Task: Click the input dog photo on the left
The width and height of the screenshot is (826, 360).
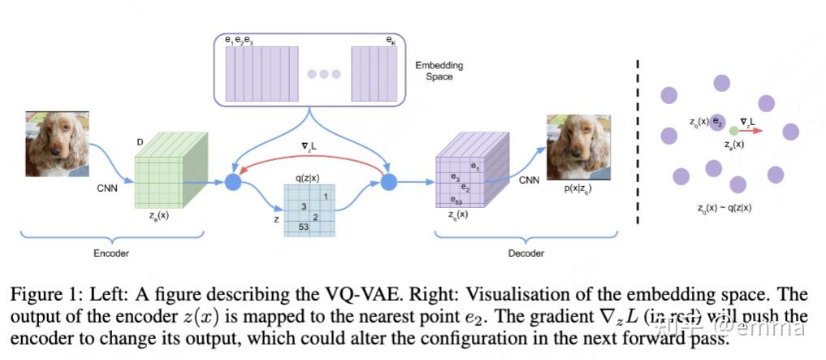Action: click(58, 144)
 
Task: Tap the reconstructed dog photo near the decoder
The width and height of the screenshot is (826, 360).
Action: click(578, 147)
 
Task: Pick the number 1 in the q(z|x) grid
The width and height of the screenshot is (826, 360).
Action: click(326, 195)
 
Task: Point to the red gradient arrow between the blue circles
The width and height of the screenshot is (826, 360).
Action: click(309, 159)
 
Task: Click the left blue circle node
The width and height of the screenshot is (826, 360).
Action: click(233, 182)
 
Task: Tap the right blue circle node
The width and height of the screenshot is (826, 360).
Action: click(388, 182)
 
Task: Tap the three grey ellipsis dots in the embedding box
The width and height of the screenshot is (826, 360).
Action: click(324, 74)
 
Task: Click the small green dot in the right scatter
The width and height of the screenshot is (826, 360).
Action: click(734, 130)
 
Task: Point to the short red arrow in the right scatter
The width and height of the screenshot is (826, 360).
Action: click(752, 130)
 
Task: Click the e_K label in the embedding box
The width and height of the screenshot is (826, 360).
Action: click(391, 40)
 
